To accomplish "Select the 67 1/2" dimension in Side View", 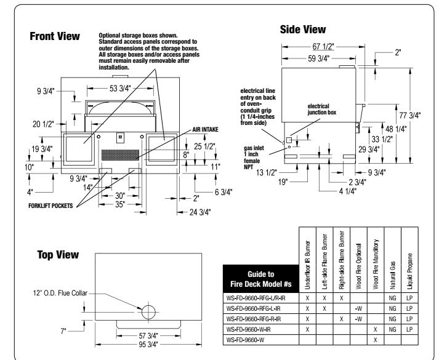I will [321, 45].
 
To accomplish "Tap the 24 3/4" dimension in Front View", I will [198, 212].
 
